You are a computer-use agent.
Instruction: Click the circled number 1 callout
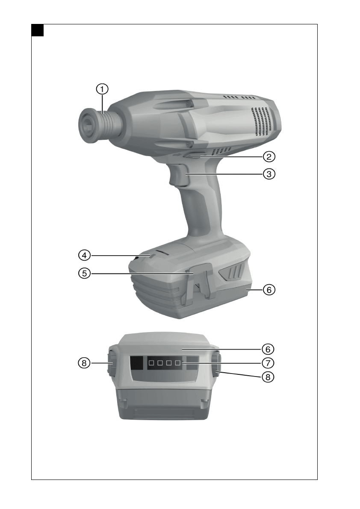(x=102, y=89)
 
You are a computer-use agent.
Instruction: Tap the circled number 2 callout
(x=269, y=157)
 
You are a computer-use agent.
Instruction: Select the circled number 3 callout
(x=269, y=174)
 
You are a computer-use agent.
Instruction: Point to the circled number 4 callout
(x=84, y=256)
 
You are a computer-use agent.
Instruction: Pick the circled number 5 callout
(x=84, y=274)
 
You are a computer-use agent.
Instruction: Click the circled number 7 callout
(x=268, y=363)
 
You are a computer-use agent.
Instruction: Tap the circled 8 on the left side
(x=84, y=363)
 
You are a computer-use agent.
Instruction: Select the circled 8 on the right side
(x=268, y=377)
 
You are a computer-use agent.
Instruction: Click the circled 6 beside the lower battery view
(x=268, y=349)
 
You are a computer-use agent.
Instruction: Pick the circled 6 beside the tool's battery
(x=269, y=290)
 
